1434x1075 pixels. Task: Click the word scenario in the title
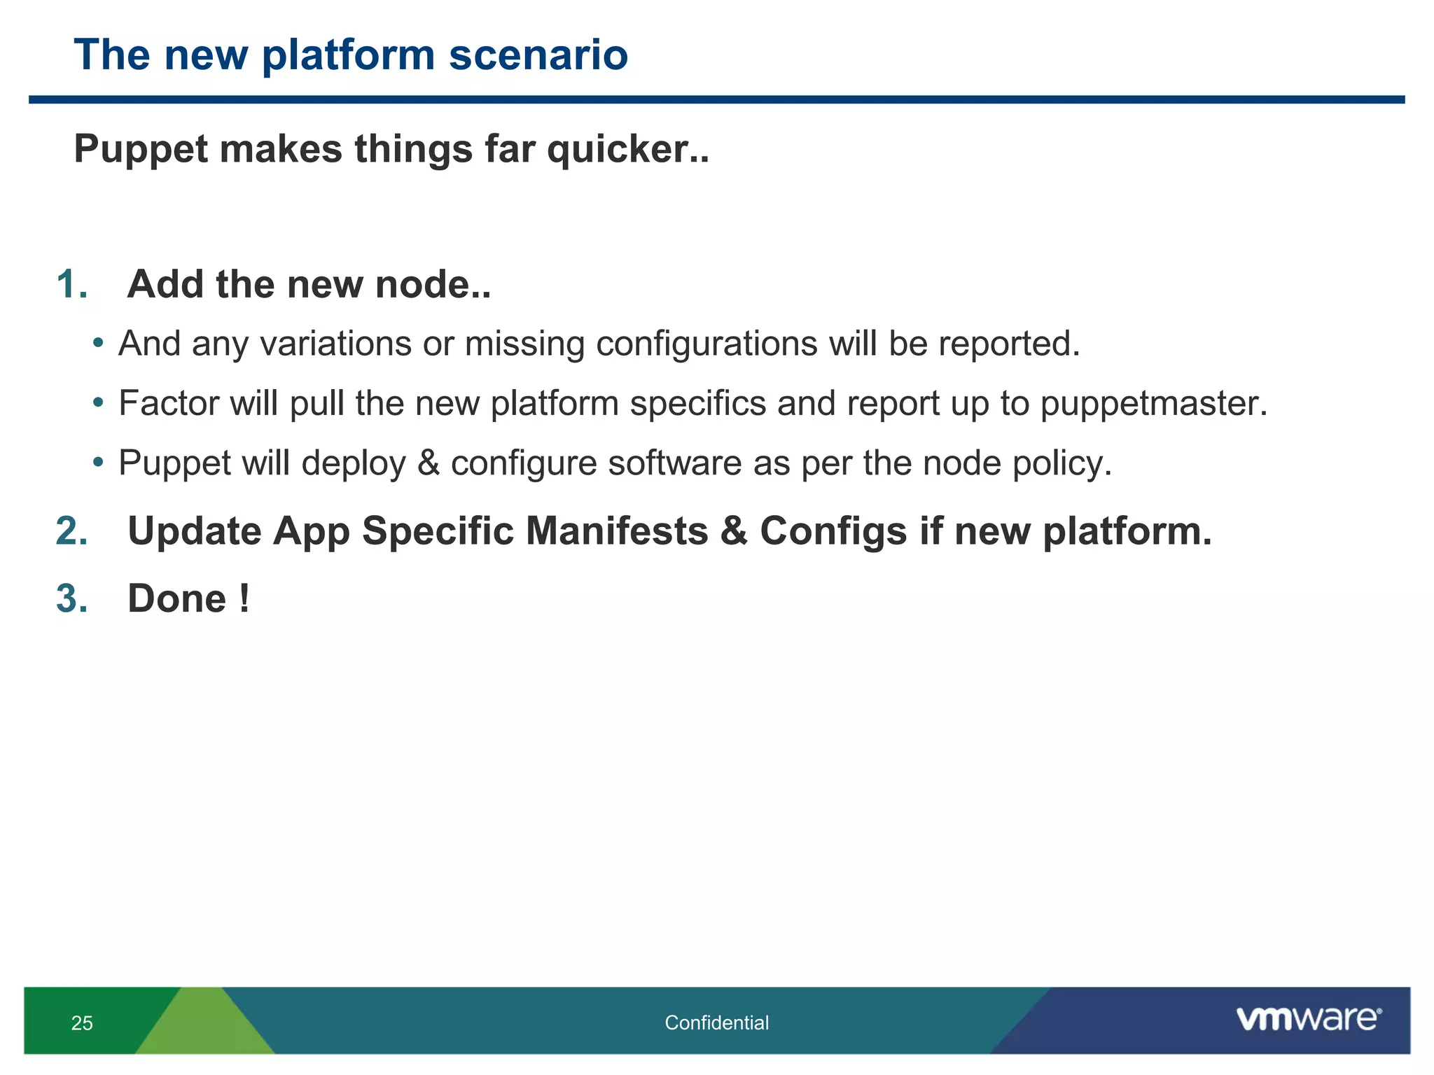click(538, 55)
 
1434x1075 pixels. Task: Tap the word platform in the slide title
click(348, 56)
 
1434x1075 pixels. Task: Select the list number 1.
click(71, 285)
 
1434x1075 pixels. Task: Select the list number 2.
click(71, 531)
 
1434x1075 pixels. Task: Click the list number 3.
click(71, 599)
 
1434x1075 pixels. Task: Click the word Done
click(177, 599)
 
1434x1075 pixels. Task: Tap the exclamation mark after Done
click(243, 598)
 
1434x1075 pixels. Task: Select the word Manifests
click(617, 531)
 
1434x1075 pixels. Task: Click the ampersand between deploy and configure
click(428, 463)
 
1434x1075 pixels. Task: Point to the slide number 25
click(82, 1023)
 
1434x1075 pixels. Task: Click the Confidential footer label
click(716, 1023)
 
